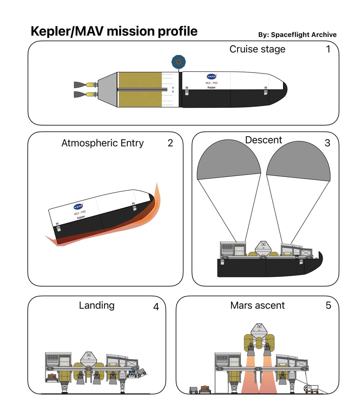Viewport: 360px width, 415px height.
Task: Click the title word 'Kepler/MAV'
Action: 67,31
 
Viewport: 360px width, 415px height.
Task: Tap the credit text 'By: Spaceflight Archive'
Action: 297,35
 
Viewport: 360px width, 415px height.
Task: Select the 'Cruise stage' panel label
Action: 257,49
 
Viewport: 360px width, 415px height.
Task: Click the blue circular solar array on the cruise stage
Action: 179,62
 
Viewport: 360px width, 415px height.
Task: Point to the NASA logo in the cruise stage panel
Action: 212,77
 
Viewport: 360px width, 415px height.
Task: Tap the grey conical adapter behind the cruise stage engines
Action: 108,90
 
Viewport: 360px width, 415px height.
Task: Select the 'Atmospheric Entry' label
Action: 102,143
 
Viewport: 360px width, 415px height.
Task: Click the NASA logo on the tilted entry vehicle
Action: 78,206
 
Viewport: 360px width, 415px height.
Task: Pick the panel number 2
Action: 170,143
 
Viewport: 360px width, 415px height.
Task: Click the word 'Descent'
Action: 264,140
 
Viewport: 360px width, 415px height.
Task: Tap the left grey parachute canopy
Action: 229,160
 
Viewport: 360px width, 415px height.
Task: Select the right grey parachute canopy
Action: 299,161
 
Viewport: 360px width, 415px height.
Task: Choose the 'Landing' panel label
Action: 97,305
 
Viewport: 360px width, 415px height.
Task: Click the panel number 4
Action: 156,307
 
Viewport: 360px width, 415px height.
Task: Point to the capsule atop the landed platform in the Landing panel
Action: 88,359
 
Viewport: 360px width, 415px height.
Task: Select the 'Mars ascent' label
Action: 257,305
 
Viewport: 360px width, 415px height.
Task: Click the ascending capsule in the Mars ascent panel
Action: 259,331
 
